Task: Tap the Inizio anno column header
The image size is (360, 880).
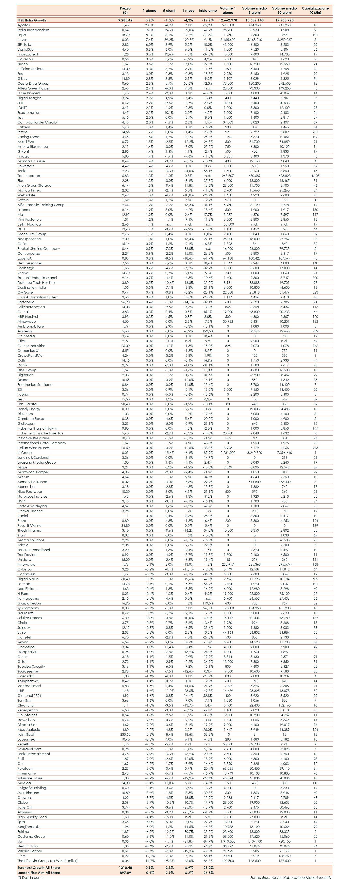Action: [x=208, y=11]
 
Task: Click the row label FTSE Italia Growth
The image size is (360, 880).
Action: [x=31, y=20]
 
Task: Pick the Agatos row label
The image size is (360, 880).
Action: [x=23, y=25]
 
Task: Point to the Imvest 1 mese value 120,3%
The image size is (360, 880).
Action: [x=188, y=40]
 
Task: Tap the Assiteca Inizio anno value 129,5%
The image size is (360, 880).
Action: [x=208, y=331]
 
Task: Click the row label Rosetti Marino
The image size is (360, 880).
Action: [x=29, y=525]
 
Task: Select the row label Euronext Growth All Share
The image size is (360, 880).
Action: [x=39, y=867]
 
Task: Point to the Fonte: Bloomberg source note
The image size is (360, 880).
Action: [x=290, y=877]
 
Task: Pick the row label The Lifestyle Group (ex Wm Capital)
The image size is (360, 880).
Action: [x=47, y=861]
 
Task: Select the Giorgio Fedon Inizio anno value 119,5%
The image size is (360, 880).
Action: [x=208, y=603]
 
